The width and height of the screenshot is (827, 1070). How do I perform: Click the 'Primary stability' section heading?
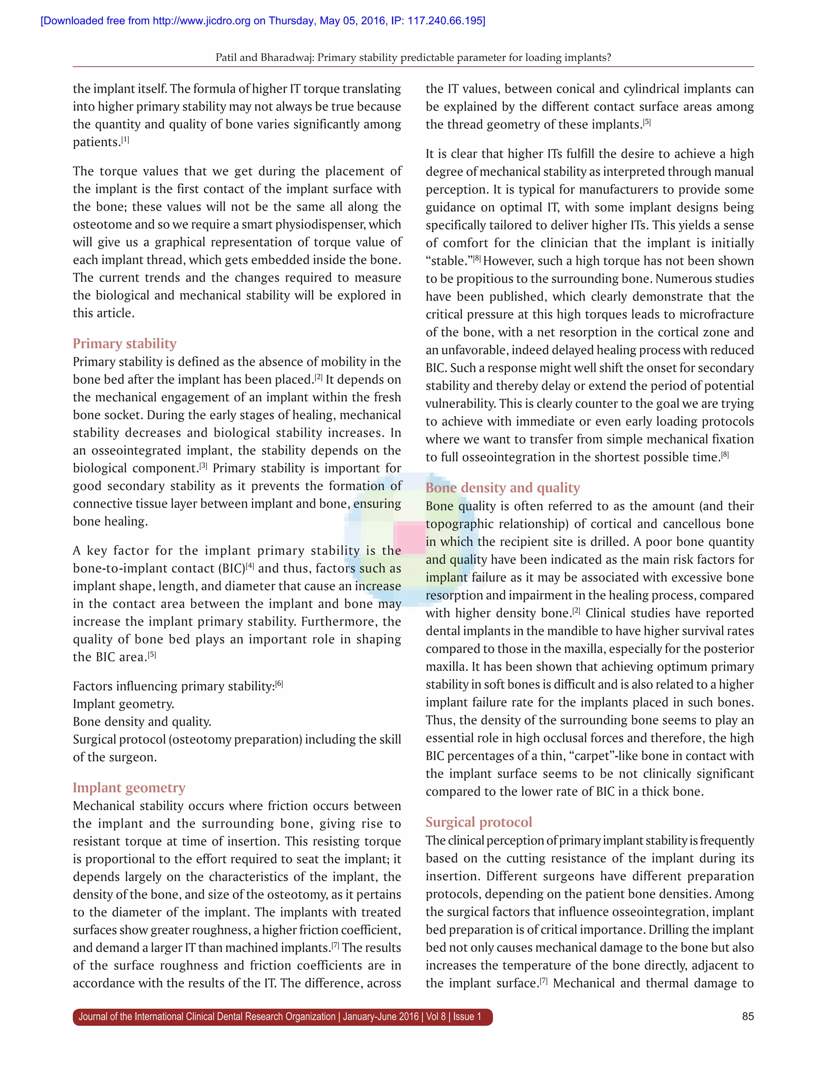(124, 344)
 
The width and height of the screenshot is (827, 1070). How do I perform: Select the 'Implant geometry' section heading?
(129, 787)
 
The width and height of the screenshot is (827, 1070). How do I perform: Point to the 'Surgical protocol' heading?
(479, 822)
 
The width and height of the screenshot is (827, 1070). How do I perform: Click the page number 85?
(747, 1016)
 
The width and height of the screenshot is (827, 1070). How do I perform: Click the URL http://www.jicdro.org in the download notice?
(202, 21)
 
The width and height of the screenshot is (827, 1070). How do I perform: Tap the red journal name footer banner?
(283, 1017)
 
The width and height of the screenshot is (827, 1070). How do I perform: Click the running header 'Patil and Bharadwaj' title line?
(413, 57)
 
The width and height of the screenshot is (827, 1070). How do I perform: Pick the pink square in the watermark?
(409, 538)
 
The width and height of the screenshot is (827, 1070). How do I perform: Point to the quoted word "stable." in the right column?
(448, 261)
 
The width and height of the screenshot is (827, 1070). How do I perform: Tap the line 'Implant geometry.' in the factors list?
(124, 704)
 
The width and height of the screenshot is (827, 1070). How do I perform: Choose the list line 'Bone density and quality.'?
(142, 722)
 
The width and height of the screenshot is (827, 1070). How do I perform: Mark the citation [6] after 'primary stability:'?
(279, 684)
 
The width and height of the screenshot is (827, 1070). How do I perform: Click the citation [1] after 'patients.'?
(126, 140)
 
